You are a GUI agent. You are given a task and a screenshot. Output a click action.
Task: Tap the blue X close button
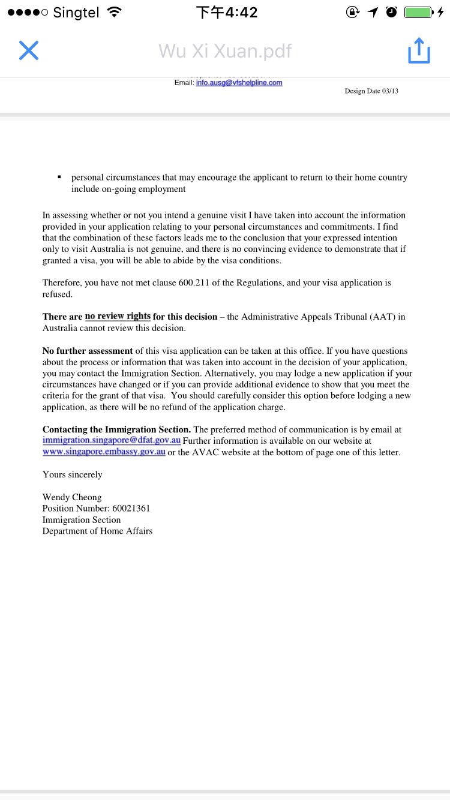[x=29, y=51]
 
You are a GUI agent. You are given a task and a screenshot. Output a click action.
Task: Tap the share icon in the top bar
[x=419, y=51]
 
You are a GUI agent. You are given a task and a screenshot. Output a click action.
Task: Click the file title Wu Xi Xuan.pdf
[x=225, y=51]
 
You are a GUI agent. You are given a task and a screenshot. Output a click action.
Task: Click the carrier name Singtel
[x=76, y=13]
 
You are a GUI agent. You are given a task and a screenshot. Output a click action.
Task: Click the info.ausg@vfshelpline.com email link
[x=239, y=83]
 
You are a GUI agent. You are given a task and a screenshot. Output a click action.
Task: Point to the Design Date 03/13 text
[x=371, y=91]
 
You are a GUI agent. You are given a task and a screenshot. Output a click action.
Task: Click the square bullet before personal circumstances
[x=59, y=178]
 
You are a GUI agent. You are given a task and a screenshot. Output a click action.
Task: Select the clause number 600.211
[x=194, y=283]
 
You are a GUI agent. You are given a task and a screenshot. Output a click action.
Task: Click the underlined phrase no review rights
[x=118, y=317]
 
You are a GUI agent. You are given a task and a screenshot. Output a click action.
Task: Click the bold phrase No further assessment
[x=88, y=351]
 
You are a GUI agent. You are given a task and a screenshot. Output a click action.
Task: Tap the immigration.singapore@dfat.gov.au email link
[x=112, y=441]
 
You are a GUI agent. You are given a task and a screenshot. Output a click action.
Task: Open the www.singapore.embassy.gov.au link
[x=104, y=452]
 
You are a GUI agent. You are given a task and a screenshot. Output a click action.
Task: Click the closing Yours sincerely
[x=72, y=474]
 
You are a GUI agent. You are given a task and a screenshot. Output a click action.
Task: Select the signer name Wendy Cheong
[x=72, y=497]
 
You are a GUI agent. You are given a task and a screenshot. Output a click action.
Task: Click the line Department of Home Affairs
[x=97, y=531]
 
